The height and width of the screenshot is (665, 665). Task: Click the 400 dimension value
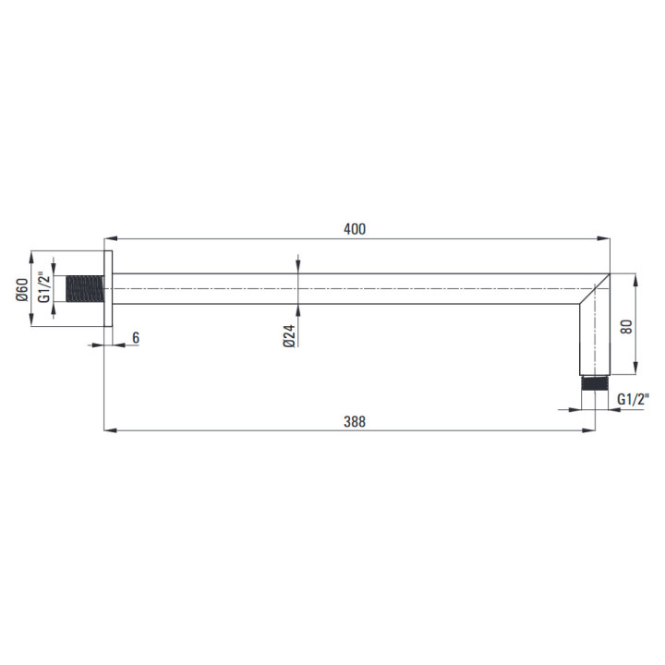355,229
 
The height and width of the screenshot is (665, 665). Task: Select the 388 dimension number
355,421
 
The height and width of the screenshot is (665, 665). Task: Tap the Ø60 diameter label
22,290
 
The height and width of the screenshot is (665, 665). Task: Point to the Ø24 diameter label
289,336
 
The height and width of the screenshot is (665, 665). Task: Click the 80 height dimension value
626,326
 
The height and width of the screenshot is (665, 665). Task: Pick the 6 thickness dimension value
136,338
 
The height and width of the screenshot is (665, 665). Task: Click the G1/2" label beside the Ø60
44,287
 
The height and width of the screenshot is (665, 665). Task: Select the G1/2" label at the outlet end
634,399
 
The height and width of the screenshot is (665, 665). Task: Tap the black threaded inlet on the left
85,289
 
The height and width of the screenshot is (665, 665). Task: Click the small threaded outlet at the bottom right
595,383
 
